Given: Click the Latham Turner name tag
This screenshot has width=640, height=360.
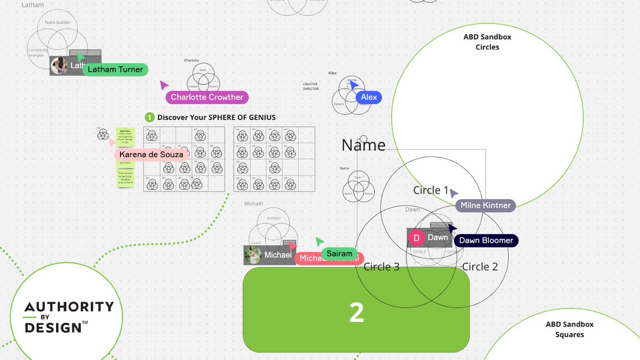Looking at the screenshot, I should tap(115, 69).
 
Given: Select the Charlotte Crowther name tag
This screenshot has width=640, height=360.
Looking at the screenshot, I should tap(207, 97).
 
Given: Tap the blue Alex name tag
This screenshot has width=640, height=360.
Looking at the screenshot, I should tap(369, 97).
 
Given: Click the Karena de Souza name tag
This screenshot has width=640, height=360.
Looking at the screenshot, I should tap(151, 155).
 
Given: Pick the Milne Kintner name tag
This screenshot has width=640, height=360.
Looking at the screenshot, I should tap(485, 205).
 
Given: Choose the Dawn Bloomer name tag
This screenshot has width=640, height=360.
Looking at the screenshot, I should tap(486, 241).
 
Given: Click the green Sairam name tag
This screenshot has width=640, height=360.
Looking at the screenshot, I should tap(339, 253).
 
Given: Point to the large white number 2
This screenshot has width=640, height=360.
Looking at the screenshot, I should tap(356, 313).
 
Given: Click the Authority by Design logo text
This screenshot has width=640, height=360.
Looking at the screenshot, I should tap(69, 317).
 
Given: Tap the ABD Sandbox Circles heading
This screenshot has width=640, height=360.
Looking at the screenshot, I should tap(487, 42).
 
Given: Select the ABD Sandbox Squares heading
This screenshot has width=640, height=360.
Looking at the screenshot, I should tap(569, 330).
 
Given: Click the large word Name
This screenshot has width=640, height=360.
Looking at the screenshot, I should tap(363, 145).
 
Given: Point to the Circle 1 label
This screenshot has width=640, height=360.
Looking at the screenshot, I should tap(431, 190).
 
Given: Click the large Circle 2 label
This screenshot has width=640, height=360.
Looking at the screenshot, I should tap(479, 267).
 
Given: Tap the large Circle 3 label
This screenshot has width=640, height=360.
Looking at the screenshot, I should tap(381, 267).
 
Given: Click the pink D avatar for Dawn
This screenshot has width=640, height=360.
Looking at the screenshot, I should tap(417, 238).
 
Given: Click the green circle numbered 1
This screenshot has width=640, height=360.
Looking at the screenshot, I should tap(150, 117).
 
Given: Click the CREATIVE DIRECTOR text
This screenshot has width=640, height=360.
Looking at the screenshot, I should tap(311, 86).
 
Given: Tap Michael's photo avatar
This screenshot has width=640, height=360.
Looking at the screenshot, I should tap(253, 255).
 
